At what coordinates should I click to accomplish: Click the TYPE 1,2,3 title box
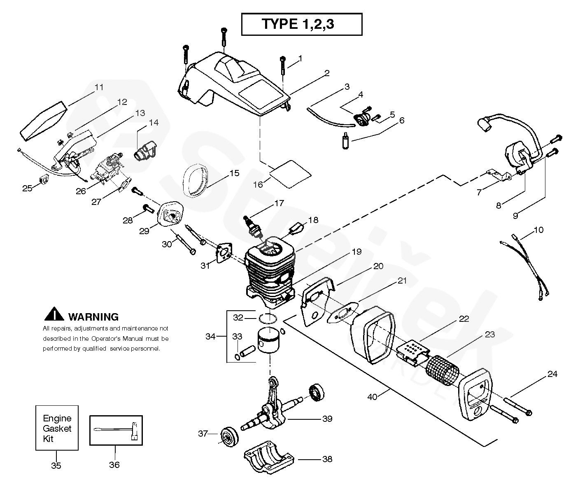point(302,24)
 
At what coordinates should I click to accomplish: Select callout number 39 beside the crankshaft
point(327,419)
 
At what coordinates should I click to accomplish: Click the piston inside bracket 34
point(268,341)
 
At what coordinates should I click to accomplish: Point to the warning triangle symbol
point(54,314)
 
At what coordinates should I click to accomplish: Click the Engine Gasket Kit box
point(57,428)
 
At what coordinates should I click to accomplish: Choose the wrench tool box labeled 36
point(116,430)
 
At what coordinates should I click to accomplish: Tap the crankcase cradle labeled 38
point(269,458)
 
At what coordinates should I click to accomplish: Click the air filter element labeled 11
point(44,121)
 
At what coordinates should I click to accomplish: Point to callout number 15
point(234,173)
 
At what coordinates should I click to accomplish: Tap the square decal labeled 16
point(291,174)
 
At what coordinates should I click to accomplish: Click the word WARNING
point(93,317)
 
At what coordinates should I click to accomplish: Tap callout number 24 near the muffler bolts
point(552,374)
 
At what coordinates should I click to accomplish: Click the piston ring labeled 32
point(268,319)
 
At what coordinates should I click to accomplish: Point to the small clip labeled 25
point(44,179)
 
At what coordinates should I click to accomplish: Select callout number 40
point(373,397)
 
